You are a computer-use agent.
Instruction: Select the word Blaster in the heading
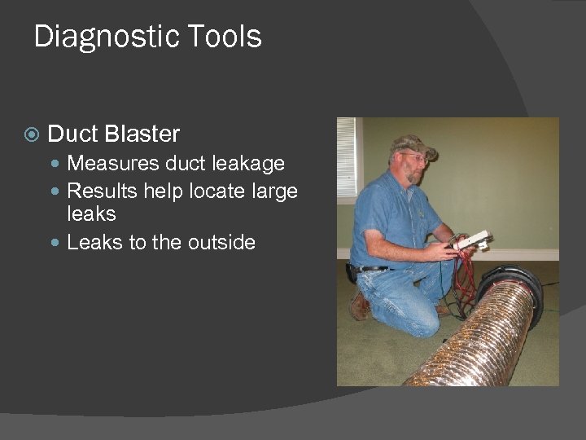[142, 134]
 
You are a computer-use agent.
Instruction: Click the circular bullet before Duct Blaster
[31, 134]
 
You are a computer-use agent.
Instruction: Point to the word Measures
[113, 164]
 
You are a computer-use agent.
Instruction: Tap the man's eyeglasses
[413, 156]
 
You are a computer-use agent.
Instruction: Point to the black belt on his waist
[373, 268]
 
